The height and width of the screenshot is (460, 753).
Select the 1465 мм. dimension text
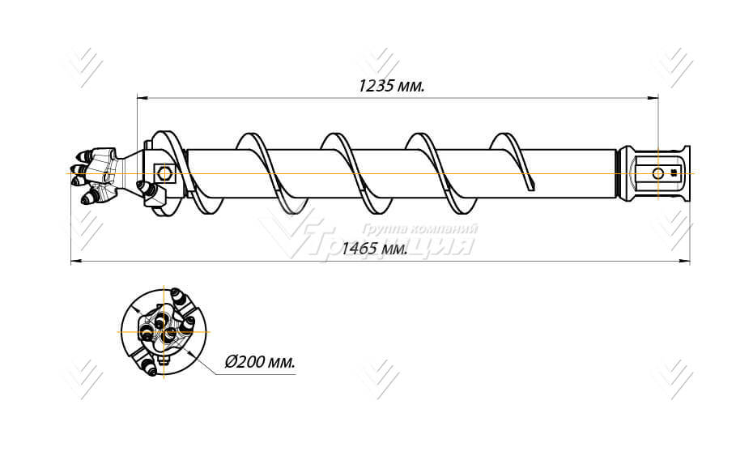coord(373,249)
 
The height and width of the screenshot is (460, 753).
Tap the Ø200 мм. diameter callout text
coord(260,362)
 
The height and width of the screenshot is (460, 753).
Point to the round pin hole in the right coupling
coord(657,173)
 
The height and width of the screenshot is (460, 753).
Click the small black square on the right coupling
coord(674,173)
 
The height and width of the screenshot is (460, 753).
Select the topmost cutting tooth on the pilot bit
coord(86,152)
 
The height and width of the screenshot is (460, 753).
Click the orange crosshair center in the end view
coord(165,331)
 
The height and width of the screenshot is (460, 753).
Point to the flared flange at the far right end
coord(686,173)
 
